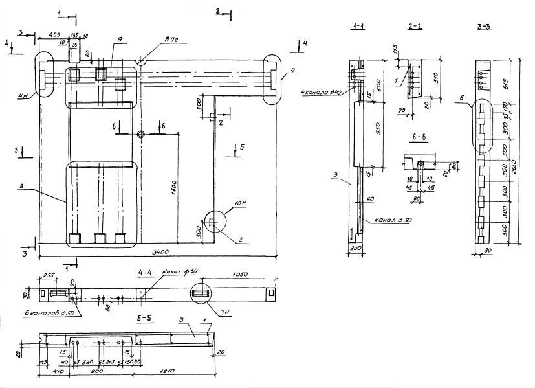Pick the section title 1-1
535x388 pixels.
[x=357, y=26]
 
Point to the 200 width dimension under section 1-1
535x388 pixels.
[x=354, y=247]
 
